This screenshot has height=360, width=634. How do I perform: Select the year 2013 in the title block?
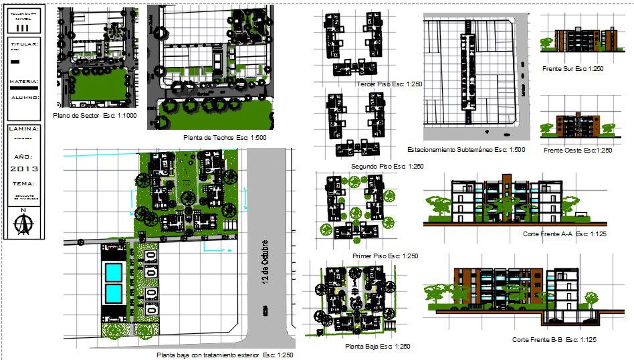[25, 169]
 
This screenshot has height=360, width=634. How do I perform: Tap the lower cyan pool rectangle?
[114, 293]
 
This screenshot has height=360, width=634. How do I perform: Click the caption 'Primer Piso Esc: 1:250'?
[385, 256]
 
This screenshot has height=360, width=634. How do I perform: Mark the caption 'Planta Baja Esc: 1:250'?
[377, 347]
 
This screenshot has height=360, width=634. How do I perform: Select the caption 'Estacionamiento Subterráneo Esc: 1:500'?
[465, 150]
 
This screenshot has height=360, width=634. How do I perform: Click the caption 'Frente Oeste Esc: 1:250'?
[578, 151]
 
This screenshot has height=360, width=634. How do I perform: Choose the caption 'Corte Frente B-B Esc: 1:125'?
[554, 340]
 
